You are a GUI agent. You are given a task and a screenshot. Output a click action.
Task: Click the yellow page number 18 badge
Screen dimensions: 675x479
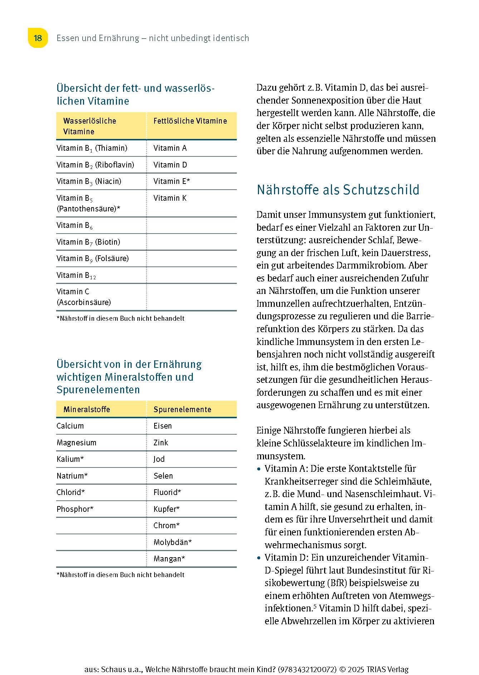[x=38, y=38]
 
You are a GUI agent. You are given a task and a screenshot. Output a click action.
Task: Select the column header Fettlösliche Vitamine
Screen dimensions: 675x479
[x=190, y=121]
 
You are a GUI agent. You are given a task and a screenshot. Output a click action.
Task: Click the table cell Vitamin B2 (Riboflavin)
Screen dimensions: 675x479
[x=95, y=165]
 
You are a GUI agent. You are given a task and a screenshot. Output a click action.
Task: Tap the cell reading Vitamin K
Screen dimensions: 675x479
[x=170, y=198]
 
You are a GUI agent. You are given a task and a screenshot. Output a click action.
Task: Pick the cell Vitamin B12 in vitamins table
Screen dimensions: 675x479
[x=76, y=275]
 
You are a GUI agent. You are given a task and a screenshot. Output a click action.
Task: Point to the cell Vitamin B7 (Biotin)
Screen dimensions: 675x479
[x=88, y=242]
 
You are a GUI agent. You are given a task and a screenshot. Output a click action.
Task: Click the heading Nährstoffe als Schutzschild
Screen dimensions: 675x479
[x=338, y=190]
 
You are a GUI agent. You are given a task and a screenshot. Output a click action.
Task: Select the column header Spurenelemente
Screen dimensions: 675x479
[x=182, y=410]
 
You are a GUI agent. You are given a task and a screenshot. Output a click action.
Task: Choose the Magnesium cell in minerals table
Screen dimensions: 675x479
[x=76, y=443]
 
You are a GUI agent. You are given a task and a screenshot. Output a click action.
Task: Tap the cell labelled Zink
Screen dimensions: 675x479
[x=161, y=443]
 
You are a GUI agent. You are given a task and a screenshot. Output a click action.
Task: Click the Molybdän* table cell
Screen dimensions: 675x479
[x=172, y=542]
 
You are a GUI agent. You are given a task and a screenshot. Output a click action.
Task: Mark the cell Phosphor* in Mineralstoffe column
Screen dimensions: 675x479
[x=75, y=509]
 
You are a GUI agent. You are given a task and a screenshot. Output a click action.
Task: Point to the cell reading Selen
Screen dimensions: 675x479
[x=163, y=476]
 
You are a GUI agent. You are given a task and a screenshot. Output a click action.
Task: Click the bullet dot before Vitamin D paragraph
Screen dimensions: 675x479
[x=259, y=558]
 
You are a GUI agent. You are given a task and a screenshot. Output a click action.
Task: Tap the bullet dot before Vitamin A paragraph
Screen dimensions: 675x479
[x=259, y=469]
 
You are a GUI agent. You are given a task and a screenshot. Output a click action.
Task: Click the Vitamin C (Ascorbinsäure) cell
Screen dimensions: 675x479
[x=84, y=297]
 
